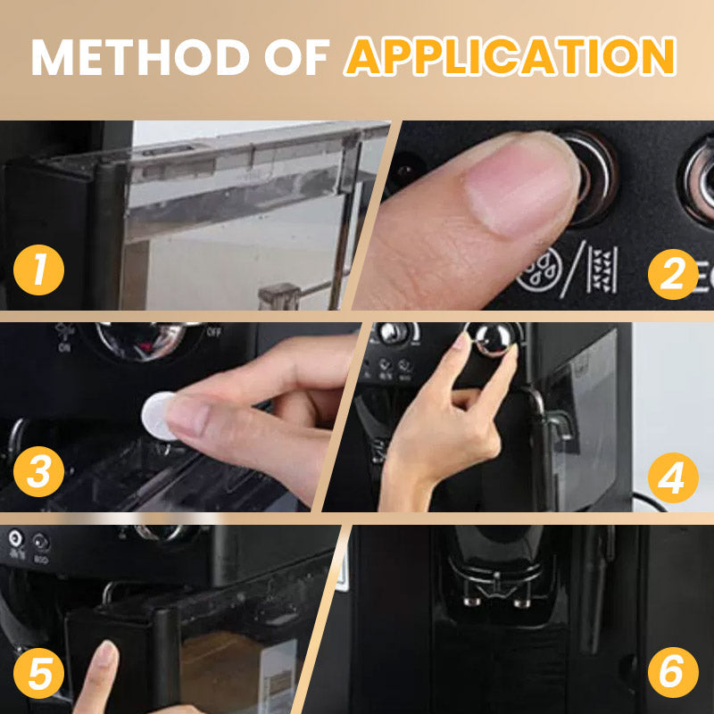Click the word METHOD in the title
(x=140, y=57)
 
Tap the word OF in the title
(x=296, y=57)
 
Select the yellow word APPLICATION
(x=510, y=56)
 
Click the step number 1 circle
(x=38, y=270)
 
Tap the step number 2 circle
(x=673, y=274)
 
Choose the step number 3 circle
(x=38, y=471)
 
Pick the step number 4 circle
(x=673, y=477)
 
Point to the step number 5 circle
(x=38, y=673)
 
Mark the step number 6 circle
(x=673, y=672)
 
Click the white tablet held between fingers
(x=156, y=416)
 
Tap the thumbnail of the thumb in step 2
(x=519, y=191)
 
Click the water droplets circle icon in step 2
(x=540, y=270)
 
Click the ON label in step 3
(x=64, y=348)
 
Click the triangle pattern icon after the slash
(x=602, y=270)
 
